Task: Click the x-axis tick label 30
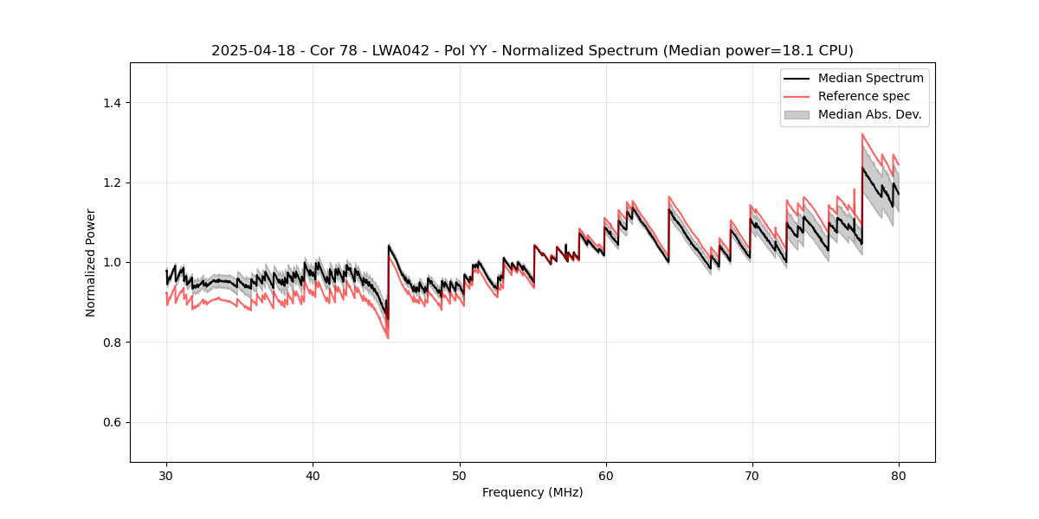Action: pyautogui.click(x=166, y=476)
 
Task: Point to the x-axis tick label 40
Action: pyautogui.click(x=313, y=476)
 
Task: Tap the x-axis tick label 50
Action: pyautogui.click(x=459, y=476)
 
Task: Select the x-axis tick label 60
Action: pyautogui.click(x=605, y=476)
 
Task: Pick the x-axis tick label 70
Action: pyautogui.click(x=752, y=476)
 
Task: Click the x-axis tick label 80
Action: pyautogui.click(x=898, y=476)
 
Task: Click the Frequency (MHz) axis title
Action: pyautogui.click(x=532, y=492)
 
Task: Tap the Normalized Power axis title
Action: pyautogui.click(x=91, y=262)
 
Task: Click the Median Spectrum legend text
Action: pyautogui.click(x=870, y=78)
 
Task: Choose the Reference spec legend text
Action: pyautogui.click(x=864, y=96)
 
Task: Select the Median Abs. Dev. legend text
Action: pyautogui.click(x=869, y=114)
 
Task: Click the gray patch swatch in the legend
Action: pyautogui.click(x=797, y=114)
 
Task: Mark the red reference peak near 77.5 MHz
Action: pyautogui.click(x=862, y=134)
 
